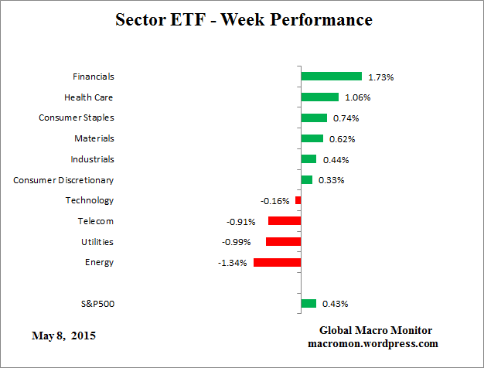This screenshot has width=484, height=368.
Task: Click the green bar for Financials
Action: [331, 77]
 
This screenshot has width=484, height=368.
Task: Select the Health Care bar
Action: [319, 97]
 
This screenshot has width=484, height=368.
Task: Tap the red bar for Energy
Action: [277, 262]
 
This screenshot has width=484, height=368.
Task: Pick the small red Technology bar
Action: [298, 200]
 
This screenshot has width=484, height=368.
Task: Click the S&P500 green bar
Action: [308, 304]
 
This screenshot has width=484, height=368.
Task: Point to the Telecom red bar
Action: [285, 221]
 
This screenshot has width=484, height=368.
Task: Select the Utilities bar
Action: [283, 241]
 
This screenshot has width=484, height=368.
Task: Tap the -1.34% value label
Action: [232, 263]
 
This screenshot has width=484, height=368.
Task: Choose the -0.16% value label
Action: [274, 201]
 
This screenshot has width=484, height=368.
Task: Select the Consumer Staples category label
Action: [77, 118]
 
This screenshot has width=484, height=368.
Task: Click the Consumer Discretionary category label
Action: [63, 180]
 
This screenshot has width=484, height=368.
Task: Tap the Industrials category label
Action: [91, 159]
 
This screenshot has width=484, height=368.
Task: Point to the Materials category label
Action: [94, 138]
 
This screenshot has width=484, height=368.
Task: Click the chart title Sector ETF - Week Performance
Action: [243, 20]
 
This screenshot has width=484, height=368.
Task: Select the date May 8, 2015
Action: [64, 336]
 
